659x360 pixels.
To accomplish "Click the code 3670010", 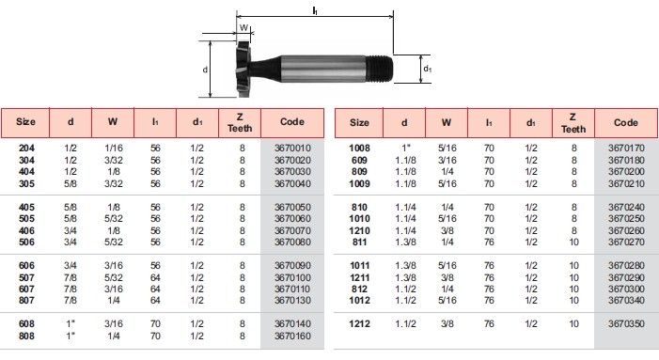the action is pyautogui.click(x=292, y=149).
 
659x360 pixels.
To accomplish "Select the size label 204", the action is pyautogui.click(x=26, y=149).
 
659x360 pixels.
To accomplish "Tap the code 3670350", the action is pyautogui.click(x=626, y=324).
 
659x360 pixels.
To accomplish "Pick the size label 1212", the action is pyautogui.click(x=360, y=324).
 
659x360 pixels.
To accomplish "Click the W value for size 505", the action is pyautogui.click(x=114, y=219).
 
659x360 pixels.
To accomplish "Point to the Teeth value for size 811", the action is pyautogui.click(x=573, y=243).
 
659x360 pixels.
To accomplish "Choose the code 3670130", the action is pyautogui.click(x=292, y=301).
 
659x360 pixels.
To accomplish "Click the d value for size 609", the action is pyautogui.click(x=405, y=161).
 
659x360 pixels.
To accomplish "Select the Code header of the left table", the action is pyautogui.click(x=292, y=122).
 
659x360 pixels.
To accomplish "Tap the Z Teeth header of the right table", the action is pyautogui.click(x=573, y=123).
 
